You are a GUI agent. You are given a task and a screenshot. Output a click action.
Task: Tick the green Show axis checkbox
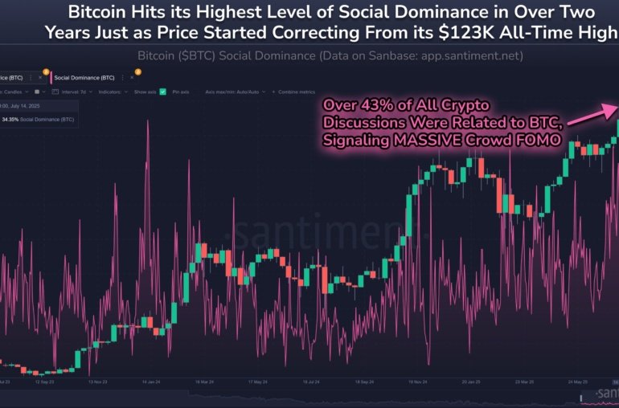pyautogui.click(x=162, y=92)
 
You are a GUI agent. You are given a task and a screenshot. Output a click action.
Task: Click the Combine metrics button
pyautogui.click(x=297, y=92)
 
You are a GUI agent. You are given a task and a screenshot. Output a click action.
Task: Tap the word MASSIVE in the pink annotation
pyautogui.click(x=444, y=141)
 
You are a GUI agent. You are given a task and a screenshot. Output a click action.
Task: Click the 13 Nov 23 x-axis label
pyautogui.click(x=100, y=382)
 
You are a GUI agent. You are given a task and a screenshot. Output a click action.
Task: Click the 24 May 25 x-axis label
pyautogui.click(x=578, y=382)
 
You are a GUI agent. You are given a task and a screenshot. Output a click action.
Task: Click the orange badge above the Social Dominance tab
pyautogui.click(x=137, y=71)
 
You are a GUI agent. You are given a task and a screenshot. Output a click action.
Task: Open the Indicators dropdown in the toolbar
pyautogui.click(x=113, y=92)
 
